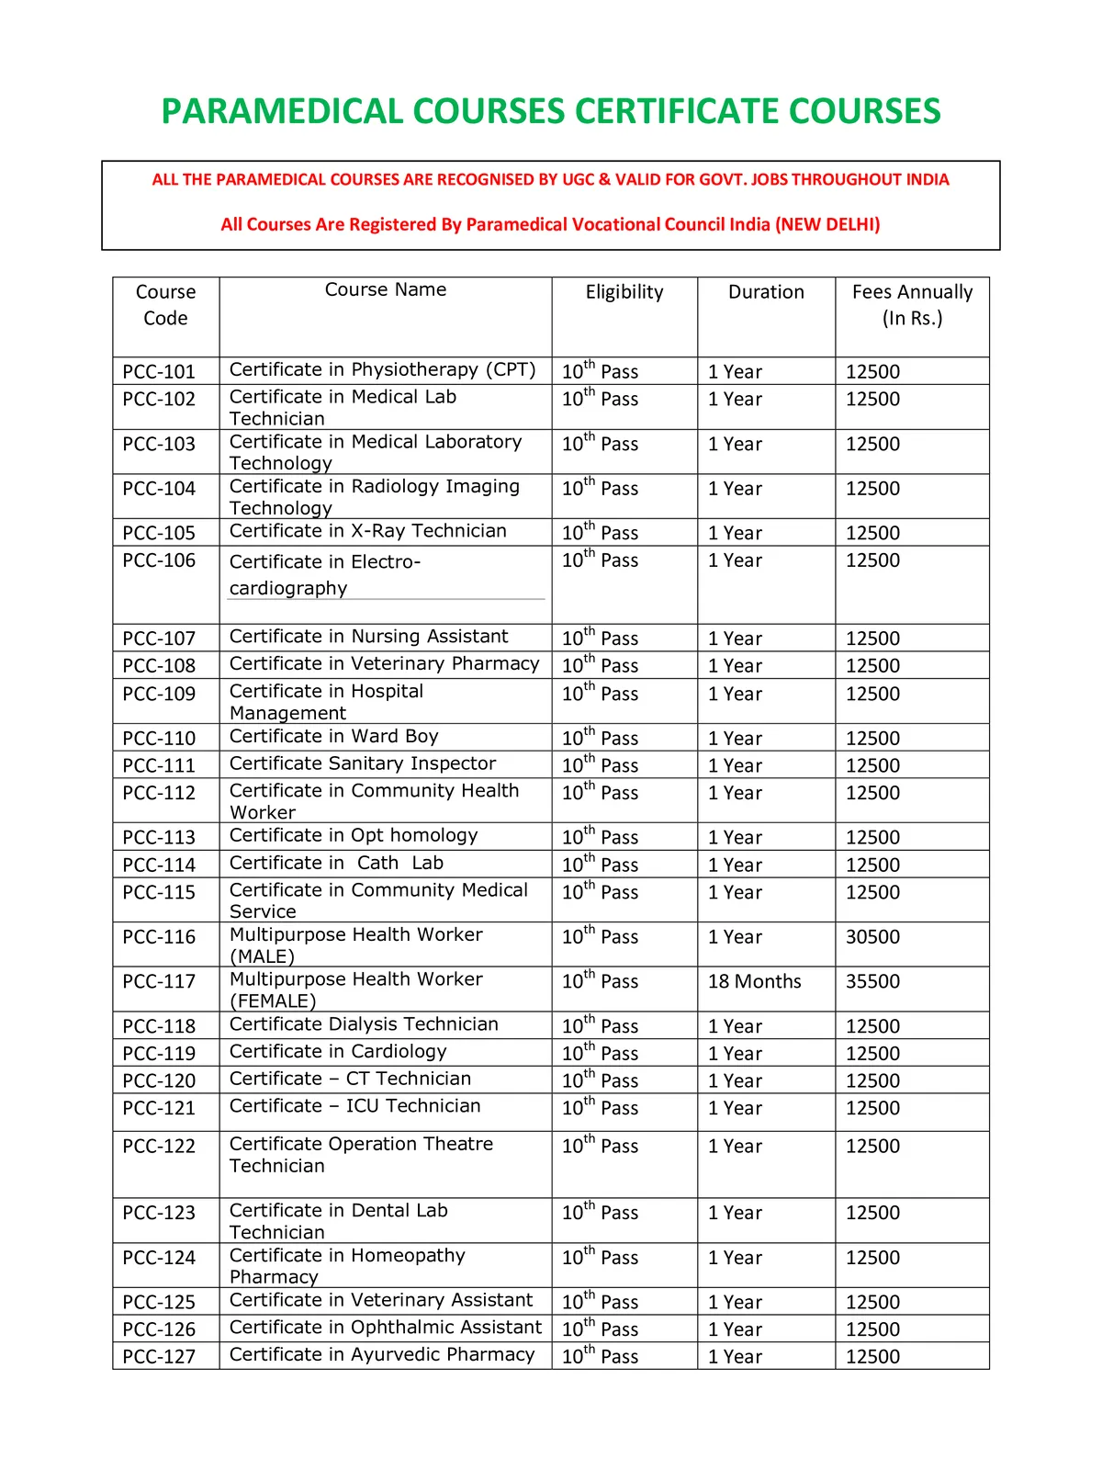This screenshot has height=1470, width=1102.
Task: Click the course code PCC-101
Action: pos(159,372)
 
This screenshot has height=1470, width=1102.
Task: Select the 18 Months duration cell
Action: pos(754,981)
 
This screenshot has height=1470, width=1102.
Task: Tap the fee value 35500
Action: pos(872,981)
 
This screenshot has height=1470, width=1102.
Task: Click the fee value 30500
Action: pos(872,937)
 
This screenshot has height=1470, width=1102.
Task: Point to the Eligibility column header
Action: pos(624,292)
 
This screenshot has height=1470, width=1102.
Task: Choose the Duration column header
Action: pos(766,292)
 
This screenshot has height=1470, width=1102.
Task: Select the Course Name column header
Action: pos(386,289)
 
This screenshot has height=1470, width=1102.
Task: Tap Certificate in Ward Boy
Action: pos(334,736)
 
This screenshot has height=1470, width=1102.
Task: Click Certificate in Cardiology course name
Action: pos(338,1051)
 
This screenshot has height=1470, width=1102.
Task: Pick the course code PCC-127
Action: pos(159,1356)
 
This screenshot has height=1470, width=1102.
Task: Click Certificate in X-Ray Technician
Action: pos(367,531)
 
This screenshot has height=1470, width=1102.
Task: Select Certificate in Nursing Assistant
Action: pos(368,637)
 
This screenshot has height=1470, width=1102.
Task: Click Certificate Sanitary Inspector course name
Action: pos(363,763)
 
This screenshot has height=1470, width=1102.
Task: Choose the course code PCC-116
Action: pos(159,937)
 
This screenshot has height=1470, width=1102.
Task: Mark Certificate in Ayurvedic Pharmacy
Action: pos(382,1354)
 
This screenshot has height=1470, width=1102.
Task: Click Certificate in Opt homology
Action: pos(354,835)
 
